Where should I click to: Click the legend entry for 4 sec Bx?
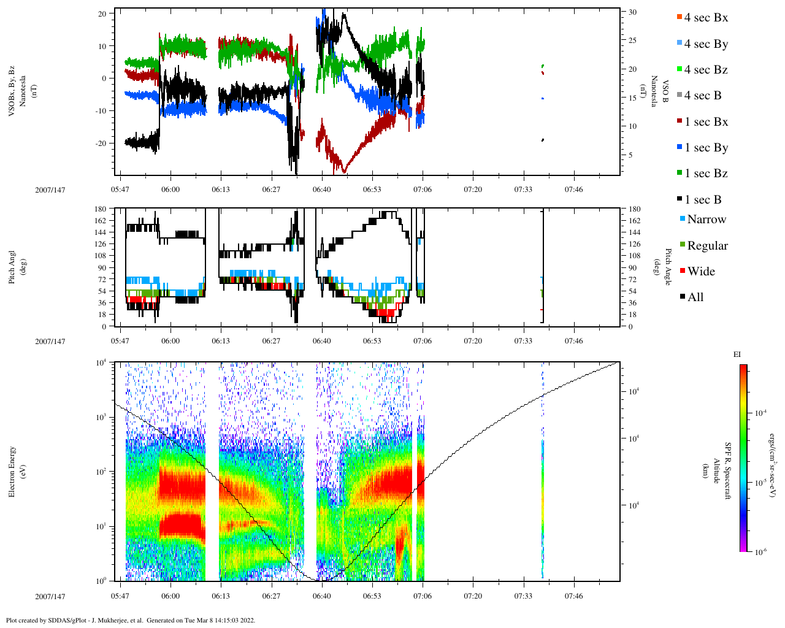705,18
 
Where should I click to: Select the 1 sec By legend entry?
705,148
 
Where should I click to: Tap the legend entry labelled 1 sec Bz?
705,174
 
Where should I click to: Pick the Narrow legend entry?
706,220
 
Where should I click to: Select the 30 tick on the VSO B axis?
632,12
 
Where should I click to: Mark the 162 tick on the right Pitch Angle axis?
635,221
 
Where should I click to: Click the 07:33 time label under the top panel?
523,190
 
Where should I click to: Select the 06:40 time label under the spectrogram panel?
322,596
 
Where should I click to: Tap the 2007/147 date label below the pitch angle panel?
50,342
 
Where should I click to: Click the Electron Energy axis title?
12,472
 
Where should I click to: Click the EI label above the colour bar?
737,354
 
